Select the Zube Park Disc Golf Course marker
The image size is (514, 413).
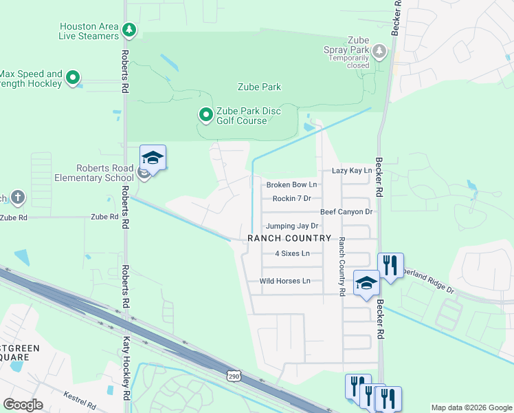(x=205, y=115)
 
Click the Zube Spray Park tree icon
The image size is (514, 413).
(x=379, y=50)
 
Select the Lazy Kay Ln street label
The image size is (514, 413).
(x=351, y=170)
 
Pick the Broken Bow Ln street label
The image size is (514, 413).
(x=291, y=184)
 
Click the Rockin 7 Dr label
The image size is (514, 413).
(x=292, y=198)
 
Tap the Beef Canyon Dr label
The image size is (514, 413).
(x=346, y=212)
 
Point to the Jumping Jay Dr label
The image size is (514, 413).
(x=292, y=226)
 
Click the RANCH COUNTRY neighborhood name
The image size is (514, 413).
(x=289, y=238)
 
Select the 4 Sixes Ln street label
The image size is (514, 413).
(x=293, y=253)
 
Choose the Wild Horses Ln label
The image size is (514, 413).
(x=284, y=281)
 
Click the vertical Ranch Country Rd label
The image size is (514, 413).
(x=341, y=266)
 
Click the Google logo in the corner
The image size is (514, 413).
(x=23, y=404)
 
